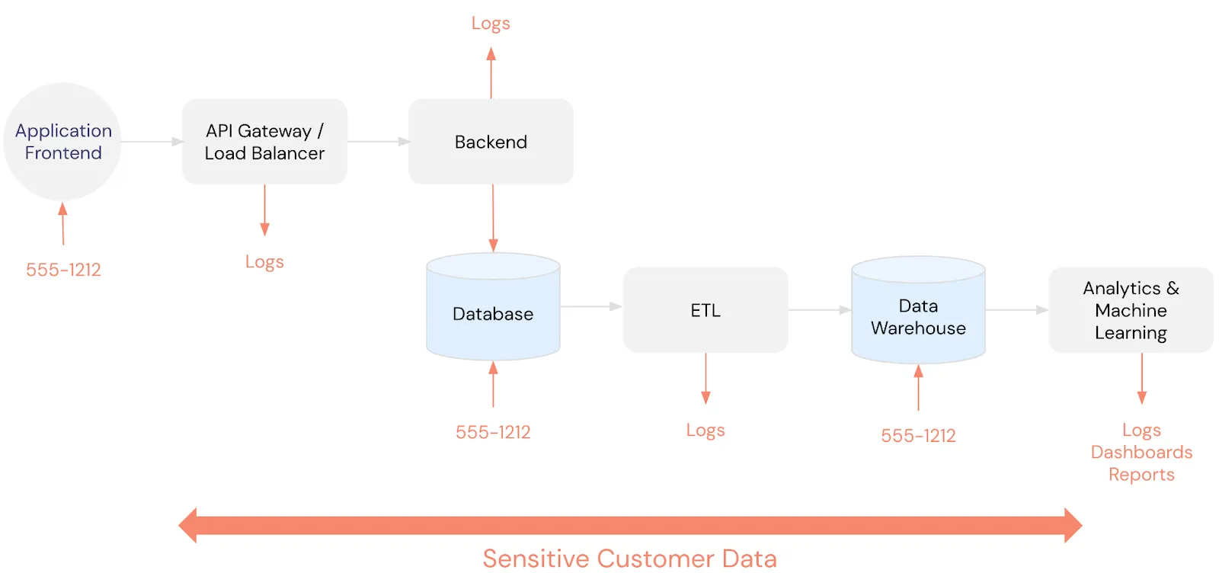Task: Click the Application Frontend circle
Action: [62, 142]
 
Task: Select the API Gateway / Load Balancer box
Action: [264, 142]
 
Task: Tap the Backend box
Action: [491, 142]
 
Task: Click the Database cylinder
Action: [493, 313]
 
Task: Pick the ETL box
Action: [705, 310]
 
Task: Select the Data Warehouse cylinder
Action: [918, 316]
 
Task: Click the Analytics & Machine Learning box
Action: [1131, 310]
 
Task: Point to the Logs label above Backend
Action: [491, 24]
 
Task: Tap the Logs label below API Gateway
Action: [264, 262]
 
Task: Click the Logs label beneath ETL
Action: [705, 431]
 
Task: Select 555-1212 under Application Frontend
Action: [63, 270]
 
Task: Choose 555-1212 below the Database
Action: [493, 433]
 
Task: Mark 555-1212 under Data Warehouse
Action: [918, 436]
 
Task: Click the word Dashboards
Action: [1141, 453]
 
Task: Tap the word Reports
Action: [1141, 475]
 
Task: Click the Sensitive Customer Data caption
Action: [629, 559]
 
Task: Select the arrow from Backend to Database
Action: [493, 218]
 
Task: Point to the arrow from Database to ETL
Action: [591, 306]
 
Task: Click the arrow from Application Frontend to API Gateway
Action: [152, 142]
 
